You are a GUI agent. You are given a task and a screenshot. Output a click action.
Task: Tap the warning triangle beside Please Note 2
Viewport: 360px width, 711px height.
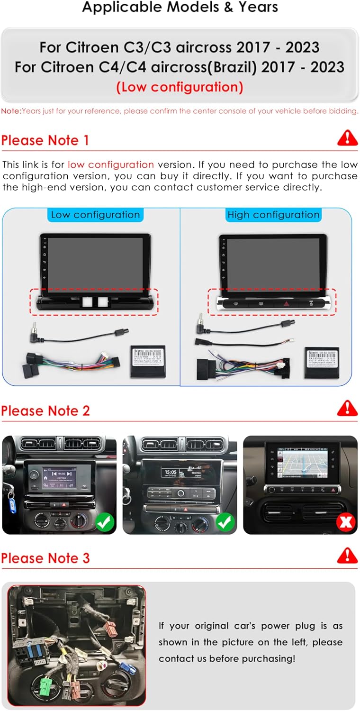click(x=347, y=408)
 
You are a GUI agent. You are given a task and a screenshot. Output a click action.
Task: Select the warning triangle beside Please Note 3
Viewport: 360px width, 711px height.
click(x=347, y=555)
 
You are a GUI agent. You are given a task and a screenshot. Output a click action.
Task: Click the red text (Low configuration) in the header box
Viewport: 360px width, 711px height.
click(x=180, y=87)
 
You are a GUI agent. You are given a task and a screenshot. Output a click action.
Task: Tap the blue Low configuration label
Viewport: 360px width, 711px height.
click(x=95, y=215)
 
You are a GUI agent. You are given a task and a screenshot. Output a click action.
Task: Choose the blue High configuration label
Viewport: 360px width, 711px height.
click(x=273, y=215)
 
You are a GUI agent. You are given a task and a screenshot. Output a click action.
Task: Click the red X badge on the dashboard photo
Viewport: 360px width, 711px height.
click(x=346, y=522)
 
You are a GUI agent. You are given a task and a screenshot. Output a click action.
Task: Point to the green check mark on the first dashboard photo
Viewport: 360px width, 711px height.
click(x=105, y=522)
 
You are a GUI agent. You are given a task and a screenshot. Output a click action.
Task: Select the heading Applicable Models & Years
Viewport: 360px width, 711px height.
click(x=180, y=8)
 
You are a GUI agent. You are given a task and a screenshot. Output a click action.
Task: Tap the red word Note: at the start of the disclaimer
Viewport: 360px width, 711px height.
click(x=11, y=111)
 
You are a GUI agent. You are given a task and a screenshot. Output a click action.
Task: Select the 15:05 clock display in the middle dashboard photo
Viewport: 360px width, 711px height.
click(x=170, y=472)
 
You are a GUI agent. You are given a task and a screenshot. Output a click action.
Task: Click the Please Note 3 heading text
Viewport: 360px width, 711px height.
click(x=45, y=558)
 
